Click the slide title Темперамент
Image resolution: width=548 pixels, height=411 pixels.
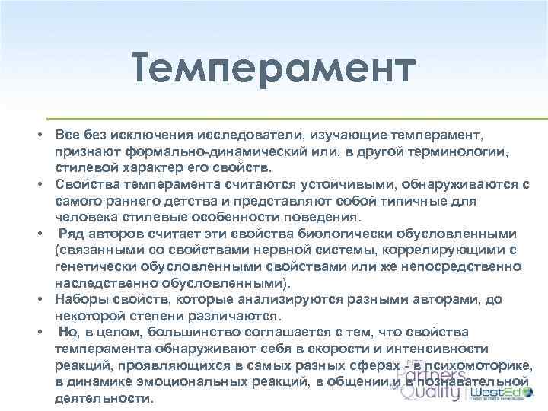[273, 69]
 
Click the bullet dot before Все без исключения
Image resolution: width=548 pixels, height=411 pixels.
[37, 134]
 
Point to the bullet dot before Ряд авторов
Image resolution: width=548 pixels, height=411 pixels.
[37, 233]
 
